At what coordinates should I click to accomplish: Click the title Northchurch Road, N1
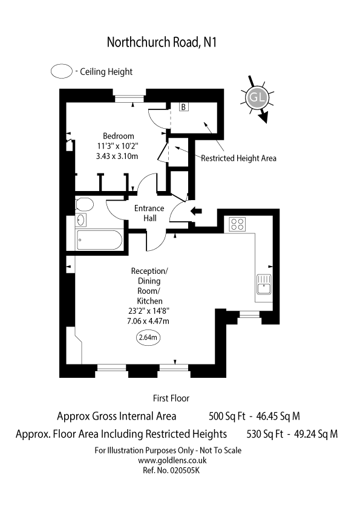pos(162,42)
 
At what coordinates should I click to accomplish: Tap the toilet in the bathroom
pos(85,204)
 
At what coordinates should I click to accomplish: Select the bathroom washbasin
pos(81,220)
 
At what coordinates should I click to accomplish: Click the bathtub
pos(99,240)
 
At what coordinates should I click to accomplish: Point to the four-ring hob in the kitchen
pos(238,224)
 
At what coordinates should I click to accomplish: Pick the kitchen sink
pos(264,284)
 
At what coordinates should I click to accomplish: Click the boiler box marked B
pos(183,107)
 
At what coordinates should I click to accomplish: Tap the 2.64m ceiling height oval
pos(148,337)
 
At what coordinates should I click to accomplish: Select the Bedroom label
pos(118,136)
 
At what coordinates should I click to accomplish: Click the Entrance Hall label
pos(149,213)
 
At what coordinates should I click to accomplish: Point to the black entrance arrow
pos(196,211)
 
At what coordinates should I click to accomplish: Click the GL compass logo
pos(257,98)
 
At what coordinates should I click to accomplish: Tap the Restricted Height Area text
pos(239,158)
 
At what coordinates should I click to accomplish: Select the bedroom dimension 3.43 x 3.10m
pos(117,156)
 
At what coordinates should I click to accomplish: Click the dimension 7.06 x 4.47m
pos(148,321)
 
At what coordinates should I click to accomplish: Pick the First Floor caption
pos(171,398)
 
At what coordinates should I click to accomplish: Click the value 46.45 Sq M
pos(278,416)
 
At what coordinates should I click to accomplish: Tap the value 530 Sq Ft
pos(265,434)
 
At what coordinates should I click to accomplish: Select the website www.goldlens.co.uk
pos(172,460)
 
